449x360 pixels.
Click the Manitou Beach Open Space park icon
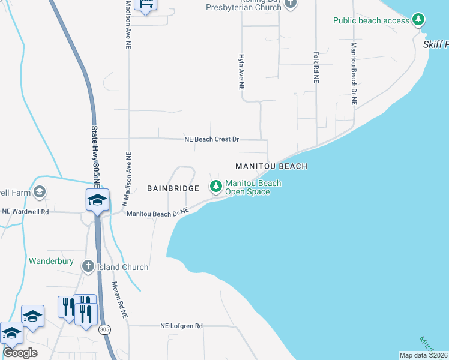click(215, 187)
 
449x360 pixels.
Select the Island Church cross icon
click(88, 266)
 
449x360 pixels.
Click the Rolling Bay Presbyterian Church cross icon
click(291, 4)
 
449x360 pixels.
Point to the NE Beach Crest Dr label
click(212, 139)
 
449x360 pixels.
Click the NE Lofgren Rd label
click(181, 326)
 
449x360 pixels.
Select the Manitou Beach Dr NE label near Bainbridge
click(158, 212)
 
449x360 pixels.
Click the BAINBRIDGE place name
click(173, 188)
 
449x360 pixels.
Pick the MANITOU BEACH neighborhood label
click(271, 166)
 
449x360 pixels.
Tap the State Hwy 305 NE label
click(95, 151)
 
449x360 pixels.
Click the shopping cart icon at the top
click(146, 4)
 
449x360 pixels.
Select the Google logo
click(20, 352)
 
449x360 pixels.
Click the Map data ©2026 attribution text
click(424, 355)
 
